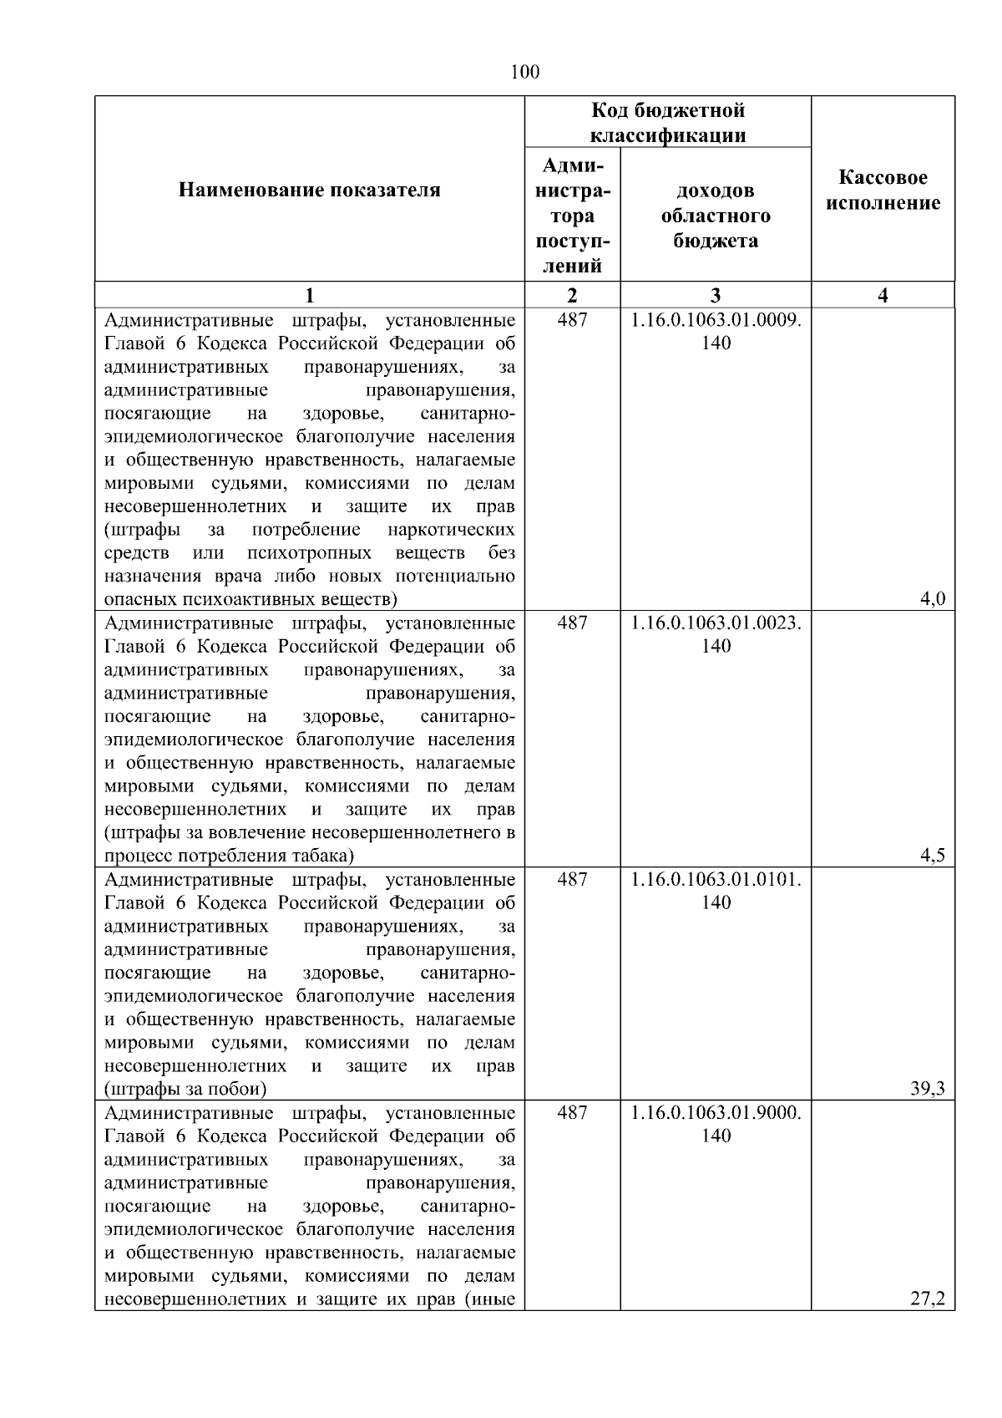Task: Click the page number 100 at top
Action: click(524, 73)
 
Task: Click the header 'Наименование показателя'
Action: click(309, 191)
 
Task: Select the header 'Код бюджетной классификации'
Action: click(667, 123)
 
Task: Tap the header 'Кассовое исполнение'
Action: click(883, 191)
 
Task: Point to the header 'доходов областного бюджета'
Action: click(716, 216)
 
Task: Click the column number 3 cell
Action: click(716, 295)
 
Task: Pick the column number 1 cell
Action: click(309, 295)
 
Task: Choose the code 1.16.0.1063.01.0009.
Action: click(716, 320)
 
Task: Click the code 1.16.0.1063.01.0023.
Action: click(716, 623)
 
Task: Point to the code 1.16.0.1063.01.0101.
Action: click(716, 880)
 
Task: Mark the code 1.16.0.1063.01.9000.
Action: click(716, 1113)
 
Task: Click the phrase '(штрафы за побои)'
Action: click(185, 1089)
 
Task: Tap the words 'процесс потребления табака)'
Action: click(229, 856)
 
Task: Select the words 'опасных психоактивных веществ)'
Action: click(250, 599)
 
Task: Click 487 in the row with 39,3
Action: click(572, 880)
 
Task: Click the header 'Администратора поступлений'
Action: click(572, 216)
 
